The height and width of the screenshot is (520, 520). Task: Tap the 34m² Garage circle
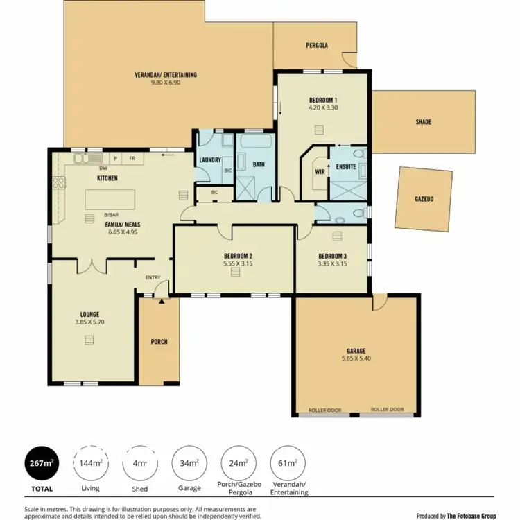coord(189,463)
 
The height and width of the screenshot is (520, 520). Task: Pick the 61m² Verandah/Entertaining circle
coord(288,463)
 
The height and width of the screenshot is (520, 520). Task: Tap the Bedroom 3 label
coord(331,254)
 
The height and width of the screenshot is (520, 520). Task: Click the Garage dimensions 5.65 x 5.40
coord(356,358)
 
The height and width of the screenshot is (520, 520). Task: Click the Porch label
coord(159,342)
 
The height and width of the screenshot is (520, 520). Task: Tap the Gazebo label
coord(424,199)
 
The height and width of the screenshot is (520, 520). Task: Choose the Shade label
coord(424,122)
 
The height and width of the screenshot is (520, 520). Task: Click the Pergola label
coord(317,46)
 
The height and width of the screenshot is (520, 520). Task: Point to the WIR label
coord(320,171)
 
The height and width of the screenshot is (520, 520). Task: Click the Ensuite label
coord(345,166)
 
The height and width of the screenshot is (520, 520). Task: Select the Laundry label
coord(209,160)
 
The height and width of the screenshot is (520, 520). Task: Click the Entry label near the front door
coord(153,278)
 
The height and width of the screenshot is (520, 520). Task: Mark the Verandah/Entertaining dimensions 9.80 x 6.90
coord(166,83)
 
